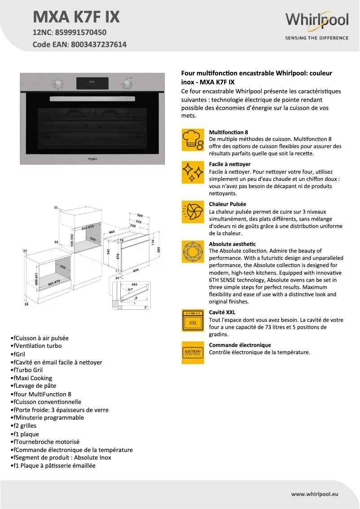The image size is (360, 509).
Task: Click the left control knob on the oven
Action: click(x=58, y=84)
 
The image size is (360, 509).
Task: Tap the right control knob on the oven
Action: click(x=127, y=84)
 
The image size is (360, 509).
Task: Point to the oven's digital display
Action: click(x=92, y=83)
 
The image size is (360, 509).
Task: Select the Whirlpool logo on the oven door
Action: click(x=92, y=158)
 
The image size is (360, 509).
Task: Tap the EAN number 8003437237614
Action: click(x=98, y=44)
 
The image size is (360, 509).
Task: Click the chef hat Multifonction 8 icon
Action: click(x=193, y=140)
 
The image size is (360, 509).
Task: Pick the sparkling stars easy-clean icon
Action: click(x=193, y=172)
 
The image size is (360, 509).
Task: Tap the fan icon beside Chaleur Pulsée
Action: click(x=193, y=212)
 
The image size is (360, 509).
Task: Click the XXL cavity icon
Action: click(x=193, y=320)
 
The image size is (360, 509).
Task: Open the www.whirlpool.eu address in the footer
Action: click(x=314, y=494)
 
